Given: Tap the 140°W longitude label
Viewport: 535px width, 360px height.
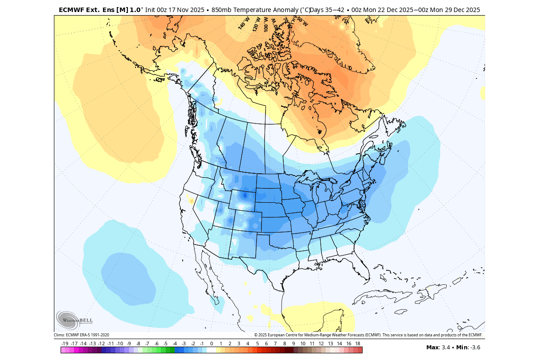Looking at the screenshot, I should coord(243,23).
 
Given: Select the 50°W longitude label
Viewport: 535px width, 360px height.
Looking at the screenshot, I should coord(302,21).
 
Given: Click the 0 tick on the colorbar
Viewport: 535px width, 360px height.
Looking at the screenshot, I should coord(212,344).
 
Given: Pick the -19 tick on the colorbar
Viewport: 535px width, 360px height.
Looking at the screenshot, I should coord(65,344).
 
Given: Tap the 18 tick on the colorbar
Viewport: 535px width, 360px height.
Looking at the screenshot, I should coord(358,344).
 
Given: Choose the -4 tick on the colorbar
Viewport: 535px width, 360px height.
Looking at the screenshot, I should coord(175,344).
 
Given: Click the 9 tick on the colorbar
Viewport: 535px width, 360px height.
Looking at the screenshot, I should coord(294,344).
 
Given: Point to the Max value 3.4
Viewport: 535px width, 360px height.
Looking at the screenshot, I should coord(445,348).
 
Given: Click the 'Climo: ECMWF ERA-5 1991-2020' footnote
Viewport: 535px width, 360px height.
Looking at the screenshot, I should coord(82,335).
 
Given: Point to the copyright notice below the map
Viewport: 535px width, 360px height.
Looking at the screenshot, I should coord(368,335).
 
